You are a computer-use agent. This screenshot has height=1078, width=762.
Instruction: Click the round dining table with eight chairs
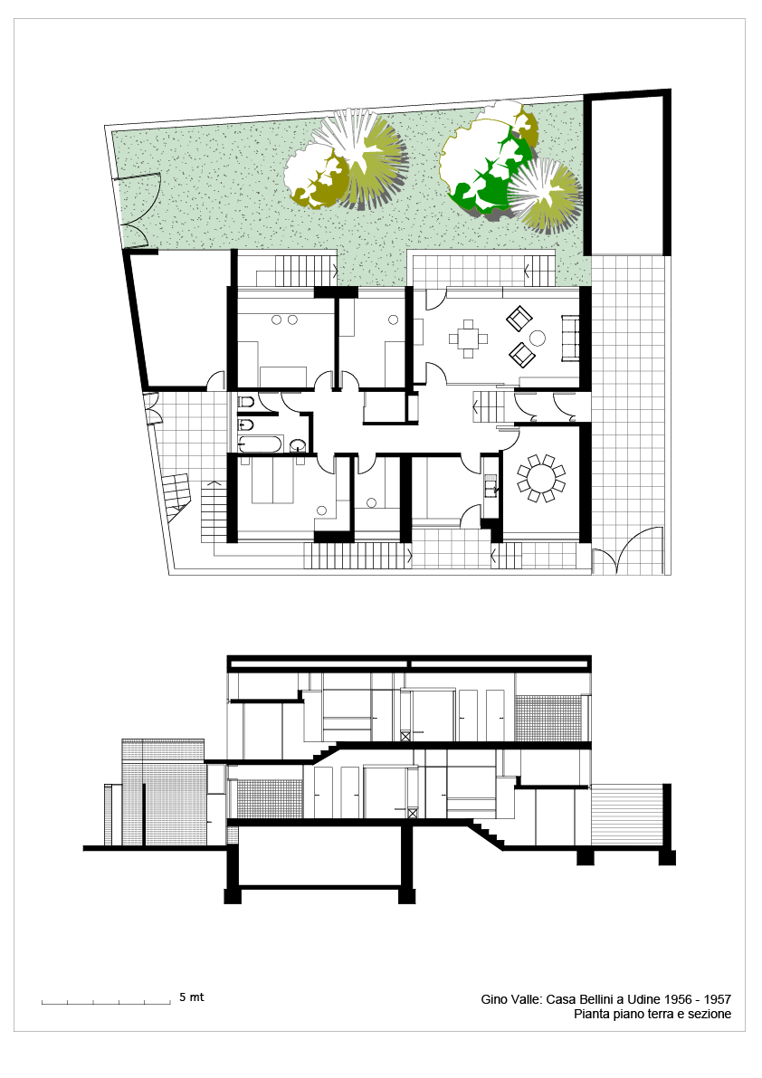click(x=541, y=477)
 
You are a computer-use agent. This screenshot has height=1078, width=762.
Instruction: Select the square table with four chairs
click(x=468, y=339)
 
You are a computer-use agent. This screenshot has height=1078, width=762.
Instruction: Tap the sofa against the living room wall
click(x=569, y=338)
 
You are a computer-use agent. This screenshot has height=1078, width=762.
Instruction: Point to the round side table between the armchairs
click(x=537, y=338)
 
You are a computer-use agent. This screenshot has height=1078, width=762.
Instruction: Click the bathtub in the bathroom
click(x=261, y=444)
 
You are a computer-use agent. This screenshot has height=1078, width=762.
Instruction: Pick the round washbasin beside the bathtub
click(x=298, y=444)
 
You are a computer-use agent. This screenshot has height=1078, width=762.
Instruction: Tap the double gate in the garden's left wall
click(x=141, y=211)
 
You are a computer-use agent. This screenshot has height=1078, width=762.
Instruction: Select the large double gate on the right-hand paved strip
click(x=629, y=550)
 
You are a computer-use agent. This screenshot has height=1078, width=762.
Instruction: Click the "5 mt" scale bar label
click(x=192, y=997)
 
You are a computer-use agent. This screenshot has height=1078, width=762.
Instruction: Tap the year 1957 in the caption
click(x=718, y=999)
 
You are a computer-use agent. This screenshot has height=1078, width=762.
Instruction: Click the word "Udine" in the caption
click(x=643, y=999)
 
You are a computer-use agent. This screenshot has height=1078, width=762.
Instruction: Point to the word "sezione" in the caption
click(x=710, y=1014)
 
